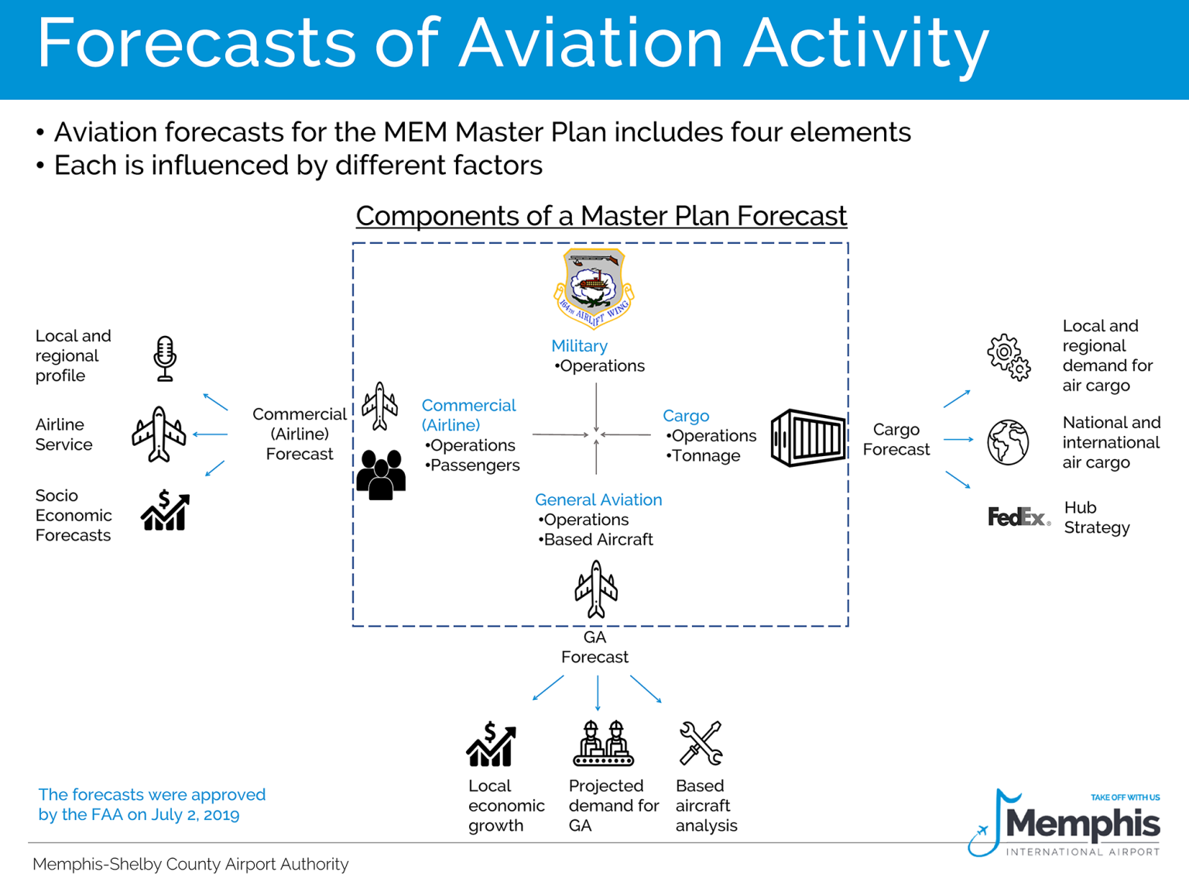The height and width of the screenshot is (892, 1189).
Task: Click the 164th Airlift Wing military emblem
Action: coord(594,288)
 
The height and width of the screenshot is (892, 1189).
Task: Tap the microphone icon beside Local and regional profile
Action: coord(165,359)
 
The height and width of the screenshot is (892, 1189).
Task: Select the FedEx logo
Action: coord(1018,516)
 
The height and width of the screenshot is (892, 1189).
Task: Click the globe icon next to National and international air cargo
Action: coord(1008,442)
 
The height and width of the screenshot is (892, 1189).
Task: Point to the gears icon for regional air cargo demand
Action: coord(1009,357)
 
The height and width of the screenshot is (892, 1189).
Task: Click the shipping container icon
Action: coord(807,437)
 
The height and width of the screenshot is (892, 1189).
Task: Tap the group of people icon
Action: coord(381,475)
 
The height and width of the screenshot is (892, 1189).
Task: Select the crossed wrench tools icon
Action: coord(701,743)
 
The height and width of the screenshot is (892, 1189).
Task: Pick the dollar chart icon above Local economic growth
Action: coord(491,744)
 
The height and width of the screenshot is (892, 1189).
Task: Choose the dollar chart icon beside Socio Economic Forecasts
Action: coord(165,511)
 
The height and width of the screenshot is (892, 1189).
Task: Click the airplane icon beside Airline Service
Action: coord(159,434)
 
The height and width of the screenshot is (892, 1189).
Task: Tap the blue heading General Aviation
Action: coord(598,499)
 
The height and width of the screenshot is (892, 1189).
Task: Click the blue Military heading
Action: coord(579,346)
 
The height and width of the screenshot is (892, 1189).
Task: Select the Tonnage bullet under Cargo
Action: coord(704,455)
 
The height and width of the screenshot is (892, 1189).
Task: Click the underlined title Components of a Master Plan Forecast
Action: coord(601,215)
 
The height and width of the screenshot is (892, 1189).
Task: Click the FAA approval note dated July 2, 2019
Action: coord(152,805)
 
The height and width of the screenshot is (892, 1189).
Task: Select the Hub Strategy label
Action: coord(1097,517)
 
